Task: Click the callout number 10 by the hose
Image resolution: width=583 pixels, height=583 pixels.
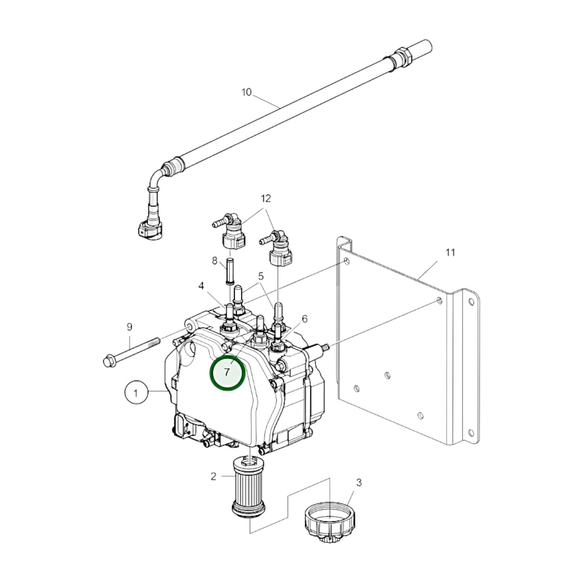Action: click(x=246, y=92)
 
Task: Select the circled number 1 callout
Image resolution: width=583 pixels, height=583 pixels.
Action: click(x=136, y=393)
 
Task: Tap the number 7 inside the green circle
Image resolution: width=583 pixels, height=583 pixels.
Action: click(x=227, y=372)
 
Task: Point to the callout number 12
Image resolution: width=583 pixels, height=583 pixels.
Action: click(x=265, y=199)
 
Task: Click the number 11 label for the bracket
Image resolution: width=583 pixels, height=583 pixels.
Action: click(x=450, y=253)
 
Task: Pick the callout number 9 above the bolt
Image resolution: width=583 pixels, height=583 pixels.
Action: click(x=129, y=327)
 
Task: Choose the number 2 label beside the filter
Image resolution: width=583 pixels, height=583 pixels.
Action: click(x=213, y=476)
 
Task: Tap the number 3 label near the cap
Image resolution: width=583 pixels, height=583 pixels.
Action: click(x=359, y=483)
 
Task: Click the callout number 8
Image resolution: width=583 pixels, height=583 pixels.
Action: click(x=215, y=261)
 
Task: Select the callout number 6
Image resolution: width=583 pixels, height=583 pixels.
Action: click(x=304, y=319)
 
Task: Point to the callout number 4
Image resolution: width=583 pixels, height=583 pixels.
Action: click(x=201, y=286)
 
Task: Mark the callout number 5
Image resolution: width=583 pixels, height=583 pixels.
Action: click(x=261, y=276)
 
